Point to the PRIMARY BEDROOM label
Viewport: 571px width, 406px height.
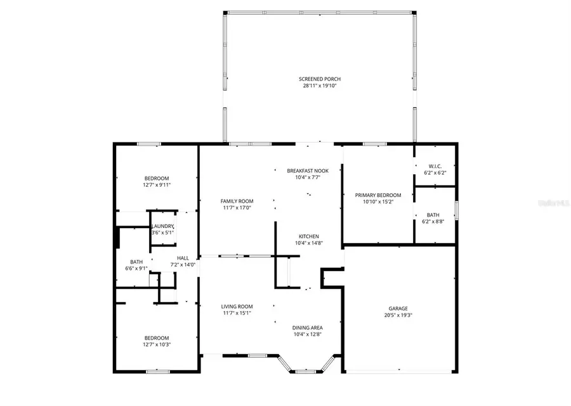(x=378, y=195)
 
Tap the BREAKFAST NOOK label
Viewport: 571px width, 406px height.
(x=308, y=170)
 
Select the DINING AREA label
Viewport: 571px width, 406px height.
(x=308, y=327)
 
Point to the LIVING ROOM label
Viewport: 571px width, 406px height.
(x=236, y=306)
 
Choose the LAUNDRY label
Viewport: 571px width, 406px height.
(x=162, y=226)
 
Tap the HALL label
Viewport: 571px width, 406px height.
(x=183, y=258)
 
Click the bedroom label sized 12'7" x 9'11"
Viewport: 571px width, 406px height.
(x=157, y=179)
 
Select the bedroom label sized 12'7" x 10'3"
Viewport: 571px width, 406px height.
(x=157, y=338)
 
